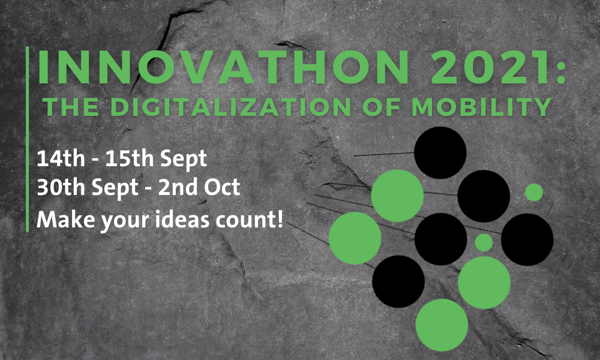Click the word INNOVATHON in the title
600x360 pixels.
pyautogui.click(x=223, y=67)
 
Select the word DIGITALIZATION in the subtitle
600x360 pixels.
pyautogui.click(x=231, y=107)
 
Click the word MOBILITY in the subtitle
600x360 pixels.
pyautogui.click(x=482, y=107)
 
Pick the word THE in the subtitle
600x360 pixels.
pyautogui.click(x=71, y=107)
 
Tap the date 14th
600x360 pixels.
pyautogui.click(x=61, y=158)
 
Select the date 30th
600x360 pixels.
pyautogui.click(x=61, y=187)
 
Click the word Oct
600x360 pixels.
pyautogui.click(x=222, y=187)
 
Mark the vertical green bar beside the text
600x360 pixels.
pyautogui.click(x=28, y=139)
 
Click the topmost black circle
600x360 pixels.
pyautogui.click(x=440, y=152)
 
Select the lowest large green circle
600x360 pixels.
pyautogui.click(x=442, y=325)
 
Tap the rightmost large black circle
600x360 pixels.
pyautogui.click(x=527, y=239)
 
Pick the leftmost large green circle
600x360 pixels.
pyautogui.click(x=355, y=238)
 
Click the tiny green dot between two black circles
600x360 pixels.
pyautogui.click(x=484, y=242)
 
